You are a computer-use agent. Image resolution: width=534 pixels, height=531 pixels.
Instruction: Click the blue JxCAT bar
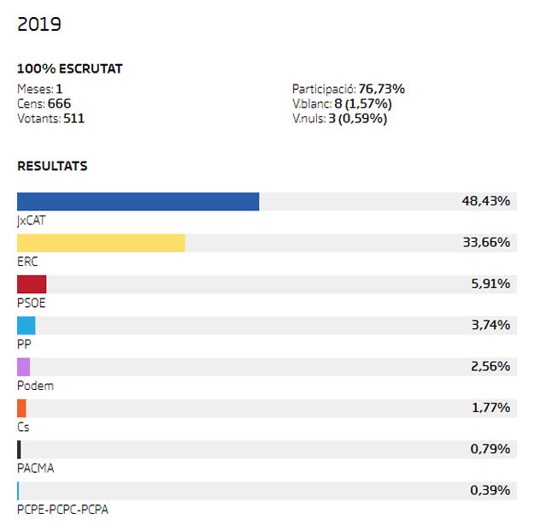pos(138,202)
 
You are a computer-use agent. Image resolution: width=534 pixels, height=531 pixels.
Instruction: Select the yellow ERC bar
pos(101,243)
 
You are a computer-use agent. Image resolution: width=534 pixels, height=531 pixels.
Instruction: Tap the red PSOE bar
pos(32,285)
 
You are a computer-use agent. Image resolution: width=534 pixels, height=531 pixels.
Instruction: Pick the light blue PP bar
pos(26,326)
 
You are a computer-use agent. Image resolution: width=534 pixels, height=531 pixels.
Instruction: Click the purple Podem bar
pos(23,367)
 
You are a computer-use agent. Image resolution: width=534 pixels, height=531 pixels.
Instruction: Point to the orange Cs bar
pos(21,408)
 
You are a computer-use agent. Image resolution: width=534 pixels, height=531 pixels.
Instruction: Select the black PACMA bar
pos(19,450)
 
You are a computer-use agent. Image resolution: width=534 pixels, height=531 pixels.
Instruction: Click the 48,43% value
pos(485,202)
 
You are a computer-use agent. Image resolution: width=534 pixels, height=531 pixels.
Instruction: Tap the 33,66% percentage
pos(485,243)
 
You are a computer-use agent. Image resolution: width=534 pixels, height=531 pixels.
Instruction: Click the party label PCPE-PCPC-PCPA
pos(63,510)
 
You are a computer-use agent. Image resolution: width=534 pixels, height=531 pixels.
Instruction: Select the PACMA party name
pos(36,469)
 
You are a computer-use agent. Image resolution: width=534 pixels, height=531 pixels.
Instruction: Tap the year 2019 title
pos(39,24)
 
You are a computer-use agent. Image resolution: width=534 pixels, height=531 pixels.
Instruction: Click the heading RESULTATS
pos(52,166)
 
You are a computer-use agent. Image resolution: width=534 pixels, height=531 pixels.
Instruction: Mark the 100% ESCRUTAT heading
pos(70,69)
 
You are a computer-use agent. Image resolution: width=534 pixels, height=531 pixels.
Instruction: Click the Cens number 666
pos(59,103)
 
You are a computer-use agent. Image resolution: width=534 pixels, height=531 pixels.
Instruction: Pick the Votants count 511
pos(73,119)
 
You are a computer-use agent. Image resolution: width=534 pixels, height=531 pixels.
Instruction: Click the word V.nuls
pos(308,119)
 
